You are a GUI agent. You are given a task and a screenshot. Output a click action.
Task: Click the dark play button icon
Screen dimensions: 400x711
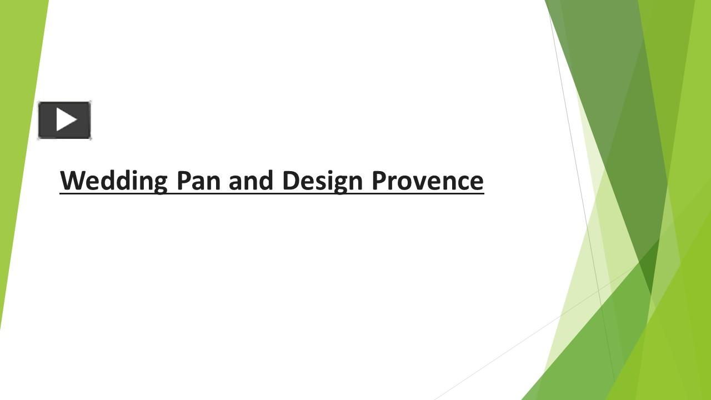[64, 120]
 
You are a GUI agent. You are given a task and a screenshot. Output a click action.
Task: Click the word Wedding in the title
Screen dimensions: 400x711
[113, 181]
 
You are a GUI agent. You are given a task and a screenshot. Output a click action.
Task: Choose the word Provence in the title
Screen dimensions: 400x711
[427, 181]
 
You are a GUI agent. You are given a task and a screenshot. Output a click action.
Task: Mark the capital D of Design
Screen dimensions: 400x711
[290, 181]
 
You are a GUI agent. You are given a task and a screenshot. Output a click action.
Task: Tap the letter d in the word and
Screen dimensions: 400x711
[266, 181]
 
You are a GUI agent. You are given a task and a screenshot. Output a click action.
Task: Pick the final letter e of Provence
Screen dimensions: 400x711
[477, 182]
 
